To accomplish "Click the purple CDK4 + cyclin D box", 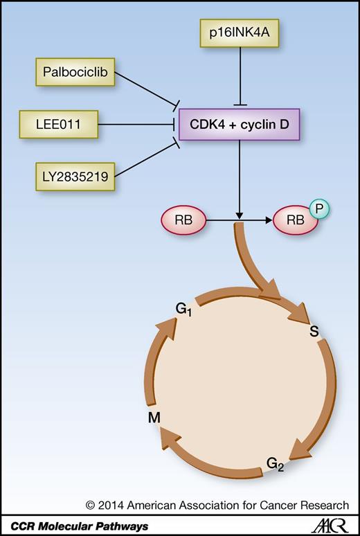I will (238, 125).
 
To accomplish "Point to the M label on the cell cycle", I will (154, 418).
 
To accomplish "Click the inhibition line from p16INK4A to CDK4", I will (238, 76).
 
